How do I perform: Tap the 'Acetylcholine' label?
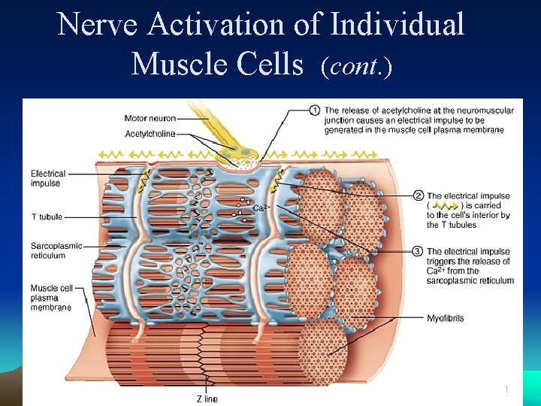point(150,134)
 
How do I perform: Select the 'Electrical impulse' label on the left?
point(48,178)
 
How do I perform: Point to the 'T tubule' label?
point(47,217)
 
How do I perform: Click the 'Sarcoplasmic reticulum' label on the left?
point(56,250)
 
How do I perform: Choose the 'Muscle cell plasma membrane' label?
point(50,298)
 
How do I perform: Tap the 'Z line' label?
point(207,398)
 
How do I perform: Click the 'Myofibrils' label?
point(446,318)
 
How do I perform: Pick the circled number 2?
point(418,196)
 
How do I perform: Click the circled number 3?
point(418,251)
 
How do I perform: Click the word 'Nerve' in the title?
point(98,24)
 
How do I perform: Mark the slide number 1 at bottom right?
point(507,389)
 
